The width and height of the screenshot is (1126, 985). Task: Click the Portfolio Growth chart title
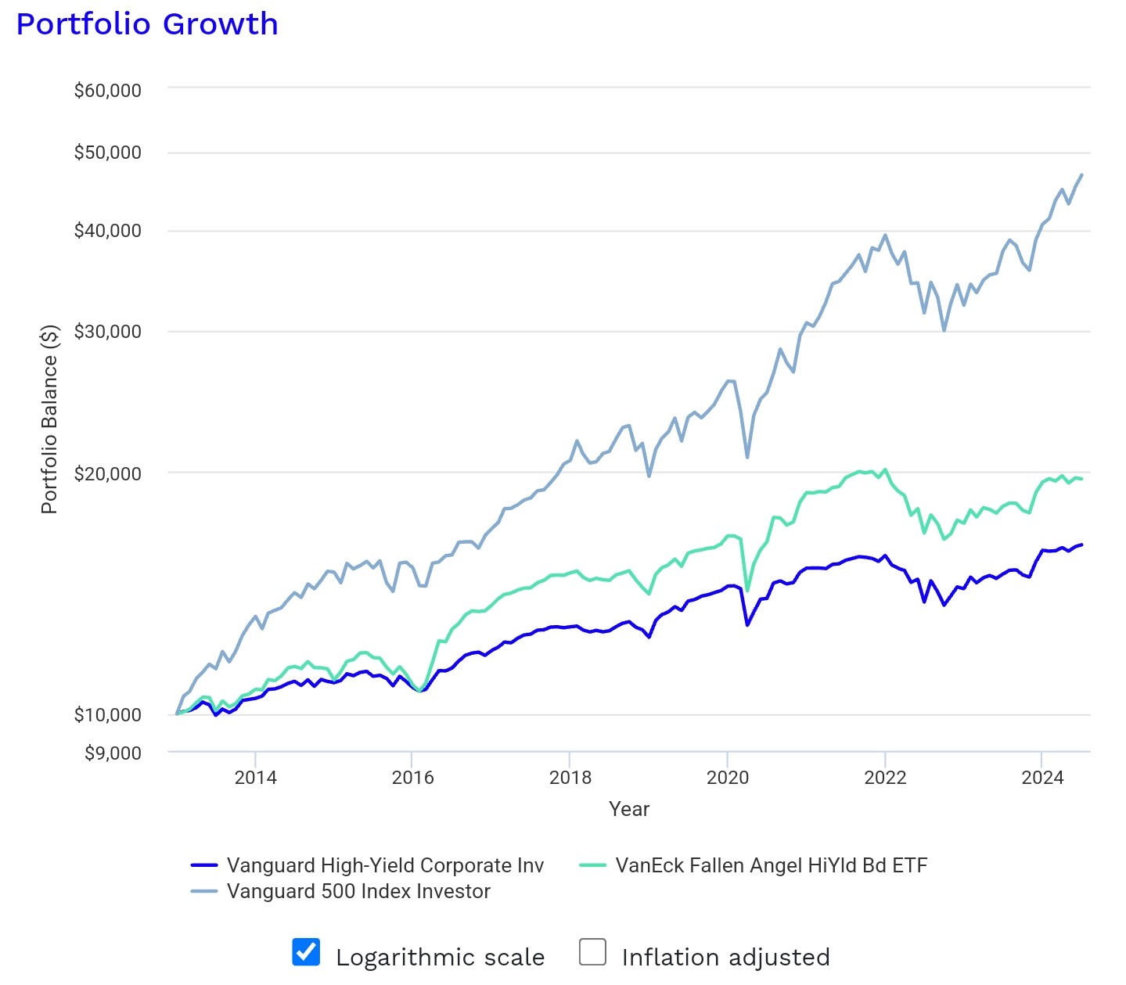tap(147, 24)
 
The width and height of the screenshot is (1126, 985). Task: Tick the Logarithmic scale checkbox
tap(306, 952)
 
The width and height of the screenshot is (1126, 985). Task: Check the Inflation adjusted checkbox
tap(592, 952)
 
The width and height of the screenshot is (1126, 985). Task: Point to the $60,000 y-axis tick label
tap(108, 91)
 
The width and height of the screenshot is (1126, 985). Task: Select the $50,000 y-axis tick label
tap(108, 153)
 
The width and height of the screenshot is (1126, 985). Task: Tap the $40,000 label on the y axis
tap(108, 231)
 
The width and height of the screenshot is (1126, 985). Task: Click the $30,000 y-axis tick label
tap(108, 332)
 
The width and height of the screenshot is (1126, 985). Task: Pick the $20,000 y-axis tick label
tap(108, 473)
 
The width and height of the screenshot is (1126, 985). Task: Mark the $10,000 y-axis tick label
tap(108, 714)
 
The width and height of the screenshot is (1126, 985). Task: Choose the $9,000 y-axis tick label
tap(113, 753)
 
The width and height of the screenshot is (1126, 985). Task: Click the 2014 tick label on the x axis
tap(256, 778)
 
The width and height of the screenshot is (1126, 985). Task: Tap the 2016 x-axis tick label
tap(412, 778)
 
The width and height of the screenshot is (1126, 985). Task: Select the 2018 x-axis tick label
tap(570, 778)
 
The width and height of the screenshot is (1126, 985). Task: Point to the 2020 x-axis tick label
tap(728, 778)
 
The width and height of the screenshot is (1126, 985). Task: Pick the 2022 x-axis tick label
tap(885, 778)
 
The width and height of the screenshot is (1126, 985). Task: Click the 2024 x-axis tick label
tap(1042, 778)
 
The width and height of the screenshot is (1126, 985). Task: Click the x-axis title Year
tap(629, 809)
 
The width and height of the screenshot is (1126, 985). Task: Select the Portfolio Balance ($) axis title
tap(49, 419)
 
